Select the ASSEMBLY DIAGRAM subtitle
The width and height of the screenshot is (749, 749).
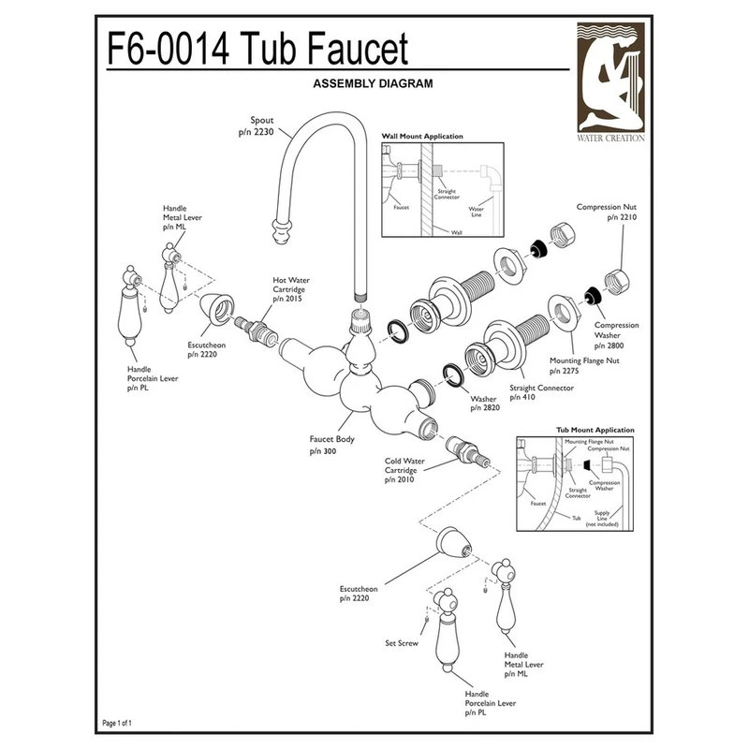[x=370, y=83]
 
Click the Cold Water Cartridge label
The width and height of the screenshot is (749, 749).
[x=406, y=470]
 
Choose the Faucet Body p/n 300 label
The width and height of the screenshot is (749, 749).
[x=332, y=444]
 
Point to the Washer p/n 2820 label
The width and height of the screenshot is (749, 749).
[x=485, y=404]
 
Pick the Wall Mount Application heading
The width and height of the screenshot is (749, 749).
[x=422, y=137]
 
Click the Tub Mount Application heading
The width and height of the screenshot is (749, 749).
[x=595, y=430]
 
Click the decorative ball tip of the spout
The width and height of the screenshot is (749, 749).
[x=280, y=228]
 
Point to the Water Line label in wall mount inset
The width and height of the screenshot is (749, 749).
[x=476, y=213]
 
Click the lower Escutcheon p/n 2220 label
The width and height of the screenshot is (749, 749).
[x=358, y=593]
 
